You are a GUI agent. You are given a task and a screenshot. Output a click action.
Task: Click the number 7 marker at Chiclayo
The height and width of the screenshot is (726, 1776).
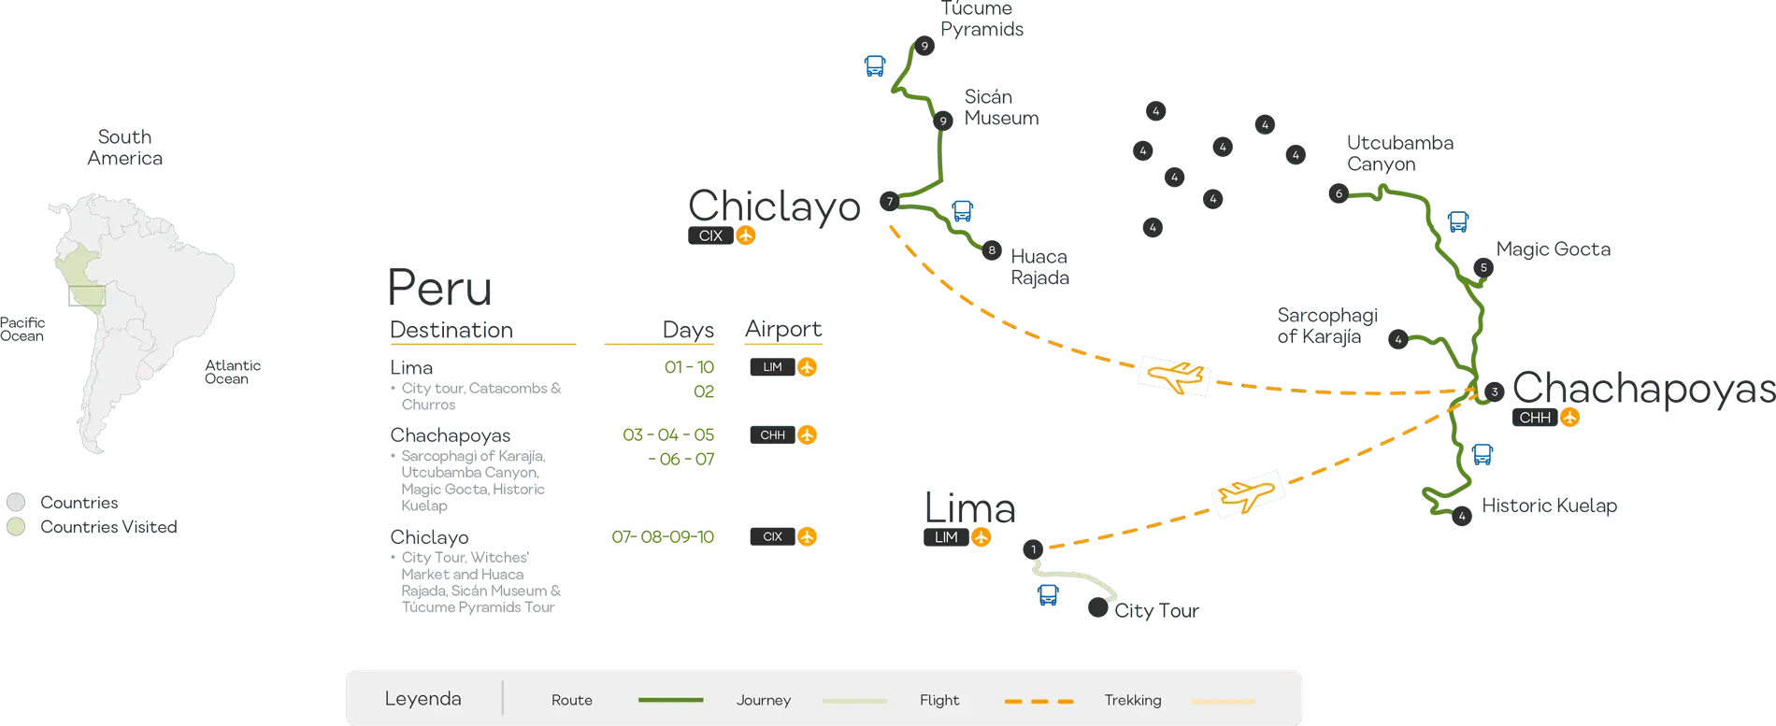(890, 201)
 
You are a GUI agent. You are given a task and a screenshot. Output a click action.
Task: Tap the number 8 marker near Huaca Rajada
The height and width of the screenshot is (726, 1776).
(992, 250)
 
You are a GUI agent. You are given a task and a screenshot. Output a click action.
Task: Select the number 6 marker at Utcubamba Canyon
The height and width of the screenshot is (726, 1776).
(1339, 194)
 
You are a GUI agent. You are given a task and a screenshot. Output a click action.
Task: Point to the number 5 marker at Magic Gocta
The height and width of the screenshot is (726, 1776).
(1483, 268)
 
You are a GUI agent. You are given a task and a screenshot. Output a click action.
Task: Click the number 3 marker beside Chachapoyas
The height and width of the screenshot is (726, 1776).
(1495, 392)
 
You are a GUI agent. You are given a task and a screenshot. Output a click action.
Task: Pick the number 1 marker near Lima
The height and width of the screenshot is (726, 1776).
(1033, 549)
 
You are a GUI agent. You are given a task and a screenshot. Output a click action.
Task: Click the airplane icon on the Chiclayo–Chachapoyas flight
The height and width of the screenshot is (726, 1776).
(1175, 376)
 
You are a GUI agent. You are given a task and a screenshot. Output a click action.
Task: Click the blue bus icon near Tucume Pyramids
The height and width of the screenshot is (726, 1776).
(875, 65)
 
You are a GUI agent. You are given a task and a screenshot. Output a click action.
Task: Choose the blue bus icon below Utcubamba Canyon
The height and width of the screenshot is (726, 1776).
(1457, 221)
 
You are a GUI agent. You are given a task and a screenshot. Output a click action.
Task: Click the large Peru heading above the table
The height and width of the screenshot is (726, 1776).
(440, 286)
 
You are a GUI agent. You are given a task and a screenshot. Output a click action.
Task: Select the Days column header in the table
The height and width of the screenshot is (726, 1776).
(690, 329)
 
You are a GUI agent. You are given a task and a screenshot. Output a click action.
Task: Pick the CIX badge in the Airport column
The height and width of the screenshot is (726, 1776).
(784, 536)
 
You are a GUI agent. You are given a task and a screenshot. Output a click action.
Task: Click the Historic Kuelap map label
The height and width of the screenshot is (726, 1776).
(1550, 507)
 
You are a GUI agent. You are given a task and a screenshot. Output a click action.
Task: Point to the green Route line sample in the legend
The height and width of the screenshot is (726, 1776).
(670, 700)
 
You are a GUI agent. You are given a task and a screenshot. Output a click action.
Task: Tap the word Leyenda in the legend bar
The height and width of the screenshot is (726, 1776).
(423, 699)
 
